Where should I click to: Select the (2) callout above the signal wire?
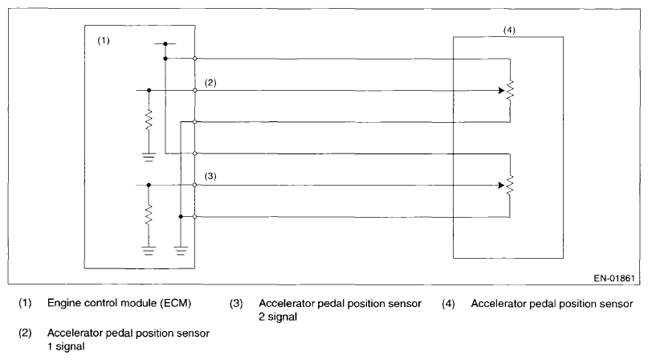point(210,82)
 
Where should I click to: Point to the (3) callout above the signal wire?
point(210,175)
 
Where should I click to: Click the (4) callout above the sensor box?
point(508,31)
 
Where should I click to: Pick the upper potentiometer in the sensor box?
point(509,90)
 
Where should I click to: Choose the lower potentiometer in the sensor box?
point(509,184)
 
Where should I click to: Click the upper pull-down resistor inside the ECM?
point(149,123)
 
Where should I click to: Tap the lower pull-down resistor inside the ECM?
point(149,216)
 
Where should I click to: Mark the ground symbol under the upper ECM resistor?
point(149,157)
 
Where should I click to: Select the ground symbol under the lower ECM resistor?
point(149,250)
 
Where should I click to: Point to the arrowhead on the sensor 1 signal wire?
point(499,90)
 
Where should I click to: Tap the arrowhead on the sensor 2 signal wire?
point(499,184)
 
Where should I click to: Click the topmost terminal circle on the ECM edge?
point(196,59)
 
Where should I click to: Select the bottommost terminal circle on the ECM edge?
point(196,216)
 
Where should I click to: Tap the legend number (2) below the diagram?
point(24,331)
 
